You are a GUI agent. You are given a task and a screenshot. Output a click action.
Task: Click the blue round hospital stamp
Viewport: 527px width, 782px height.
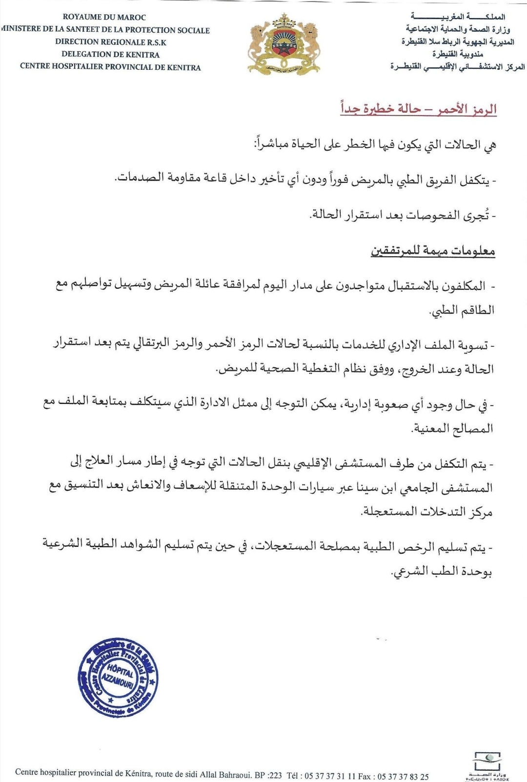click(118, 678)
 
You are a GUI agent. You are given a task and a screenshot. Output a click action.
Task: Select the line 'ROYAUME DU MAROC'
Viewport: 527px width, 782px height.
click(104, 17)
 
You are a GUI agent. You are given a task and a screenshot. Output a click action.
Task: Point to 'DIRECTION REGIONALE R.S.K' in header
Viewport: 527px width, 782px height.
click(111, 42)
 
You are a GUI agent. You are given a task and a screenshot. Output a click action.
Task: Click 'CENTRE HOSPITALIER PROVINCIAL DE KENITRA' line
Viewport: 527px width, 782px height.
click(110, 67)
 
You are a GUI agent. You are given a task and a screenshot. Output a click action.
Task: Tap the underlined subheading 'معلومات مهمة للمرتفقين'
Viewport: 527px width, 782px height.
click(433, 251)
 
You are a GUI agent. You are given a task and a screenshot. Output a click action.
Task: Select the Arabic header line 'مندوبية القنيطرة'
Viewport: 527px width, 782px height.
click(457, 54)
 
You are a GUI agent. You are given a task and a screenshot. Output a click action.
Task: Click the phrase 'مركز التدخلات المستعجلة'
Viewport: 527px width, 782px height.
click(427, 512)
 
